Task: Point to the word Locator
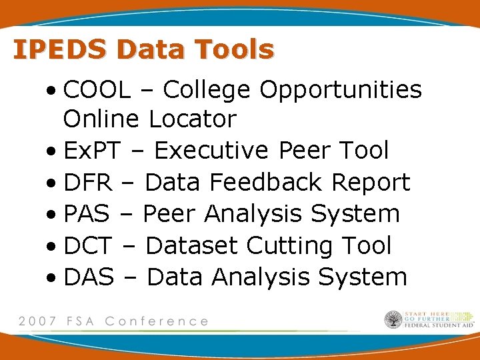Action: pos(193,120)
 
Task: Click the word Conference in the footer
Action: pos(157,321)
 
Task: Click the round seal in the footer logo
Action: pos(393,320)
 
